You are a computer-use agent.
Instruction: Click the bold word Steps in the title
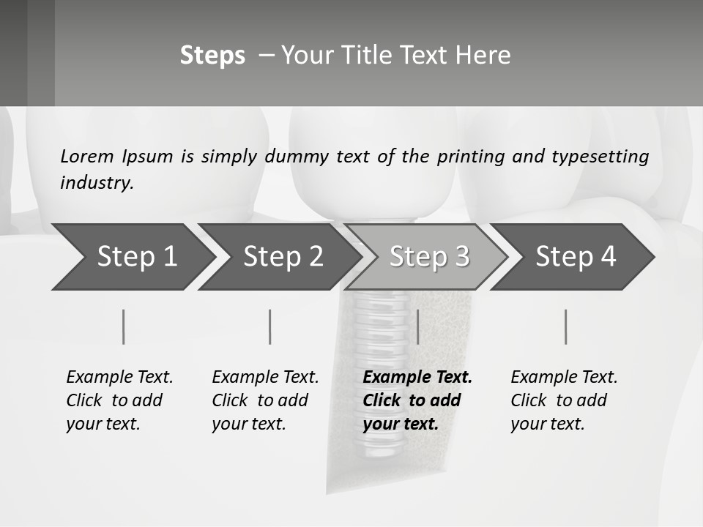tap(212, 56)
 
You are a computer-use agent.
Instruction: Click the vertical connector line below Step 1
tap(124, 326)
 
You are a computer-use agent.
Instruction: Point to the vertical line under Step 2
tap(270, 326)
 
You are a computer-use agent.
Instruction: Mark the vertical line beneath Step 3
tap(417, 326)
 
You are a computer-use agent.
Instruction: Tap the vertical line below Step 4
tap(565, 326)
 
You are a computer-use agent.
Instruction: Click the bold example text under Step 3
tap(417, 400)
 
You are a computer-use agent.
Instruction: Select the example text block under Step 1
tap(119, 400)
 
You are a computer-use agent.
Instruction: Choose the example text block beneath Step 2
tap(265, 400)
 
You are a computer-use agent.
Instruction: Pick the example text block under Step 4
tap(564, 400)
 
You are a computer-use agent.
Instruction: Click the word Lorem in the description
tap(87, 156)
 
